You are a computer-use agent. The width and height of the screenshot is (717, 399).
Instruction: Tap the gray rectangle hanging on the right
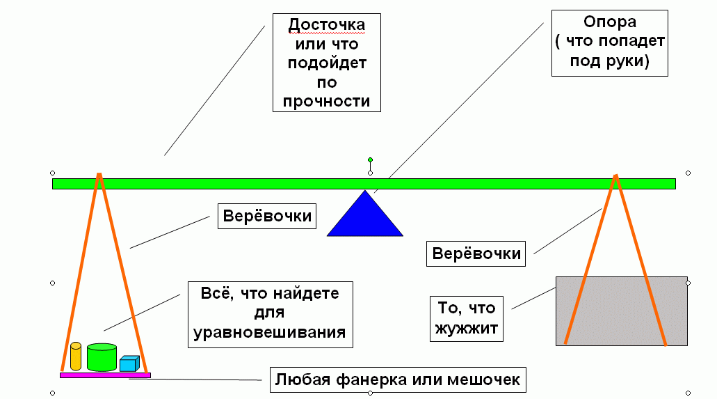pyautogui.click(x=621, y=311)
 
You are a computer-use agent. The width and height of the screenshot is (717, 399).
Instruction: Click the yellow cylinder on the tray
pyautogui.click(x=76, y=357)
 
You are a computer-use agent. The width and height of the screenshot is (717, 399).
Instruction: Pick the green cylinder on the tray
pyautogui.click(x=102, y=357)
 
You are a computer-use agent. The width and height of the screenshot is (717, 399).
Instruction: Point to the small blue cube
pyautogui.click(x=129, y=363)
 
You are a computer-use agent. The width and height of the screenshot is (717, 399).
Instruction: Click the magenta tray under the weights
pyautogui.click(x=105, y=375)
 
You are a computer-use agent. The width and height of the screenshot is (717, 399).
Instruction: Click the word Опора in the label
pyautogui.click(x=610, y=22)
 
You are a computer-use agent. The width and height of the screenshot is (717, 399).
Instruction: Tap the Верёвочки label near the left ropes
pyautogui.click(x=267, y=216)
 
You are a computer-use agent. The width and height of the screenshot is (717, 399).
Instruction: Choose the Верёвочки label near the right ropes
pyautogui.click(x=476, y=253)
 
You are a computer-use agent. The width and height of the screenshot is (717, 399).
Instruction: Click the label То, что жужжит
pyautogui.click(x=466, y=317)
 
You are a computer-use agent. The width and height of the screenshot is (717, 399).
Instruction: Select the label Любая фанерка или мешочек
pyautogui.click(x=397, y=380)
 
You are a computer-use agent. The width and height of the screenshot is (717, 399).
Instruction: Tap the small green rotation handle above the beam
pyautogui.click(x=370, y=160)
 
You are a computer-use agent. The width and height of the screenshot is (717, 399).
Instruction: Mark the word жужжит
pyautogui.click(x=466, y=327)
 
